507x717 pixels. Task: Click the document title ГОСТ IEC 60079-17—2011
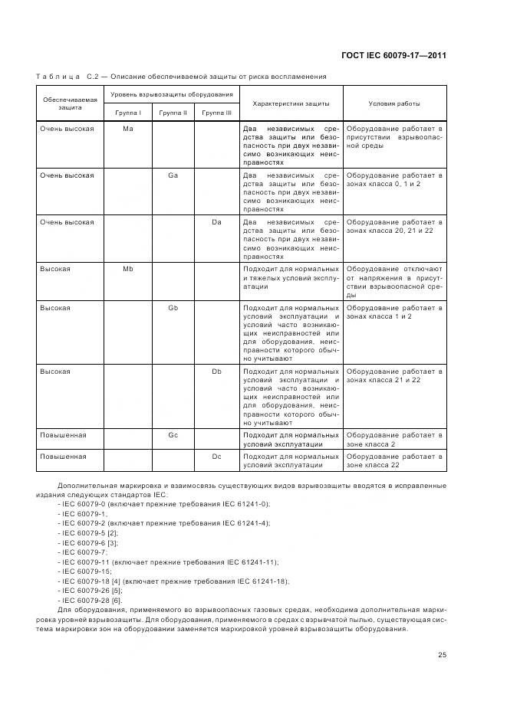(393, 55)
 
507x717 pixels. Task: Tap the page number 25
(442, 654)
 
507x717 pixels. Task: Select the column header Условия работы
(394, 103)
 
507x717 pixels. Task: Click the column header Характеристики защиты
(291, 103)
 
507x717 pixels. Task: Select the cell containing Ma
(128, 129)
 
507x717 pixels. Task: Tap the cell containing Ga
(173, 175)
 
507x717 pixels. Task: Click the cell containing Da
(216, 222)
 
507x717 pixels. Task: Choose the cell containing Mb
(128, 269)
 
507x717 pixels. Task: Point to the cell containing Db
(216, 371)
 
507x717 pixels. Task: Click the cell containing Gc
(173, 435)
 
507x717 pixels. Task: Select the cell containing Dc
(216, 456)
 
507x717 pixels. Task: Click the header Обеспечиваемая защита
(70, 103)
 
